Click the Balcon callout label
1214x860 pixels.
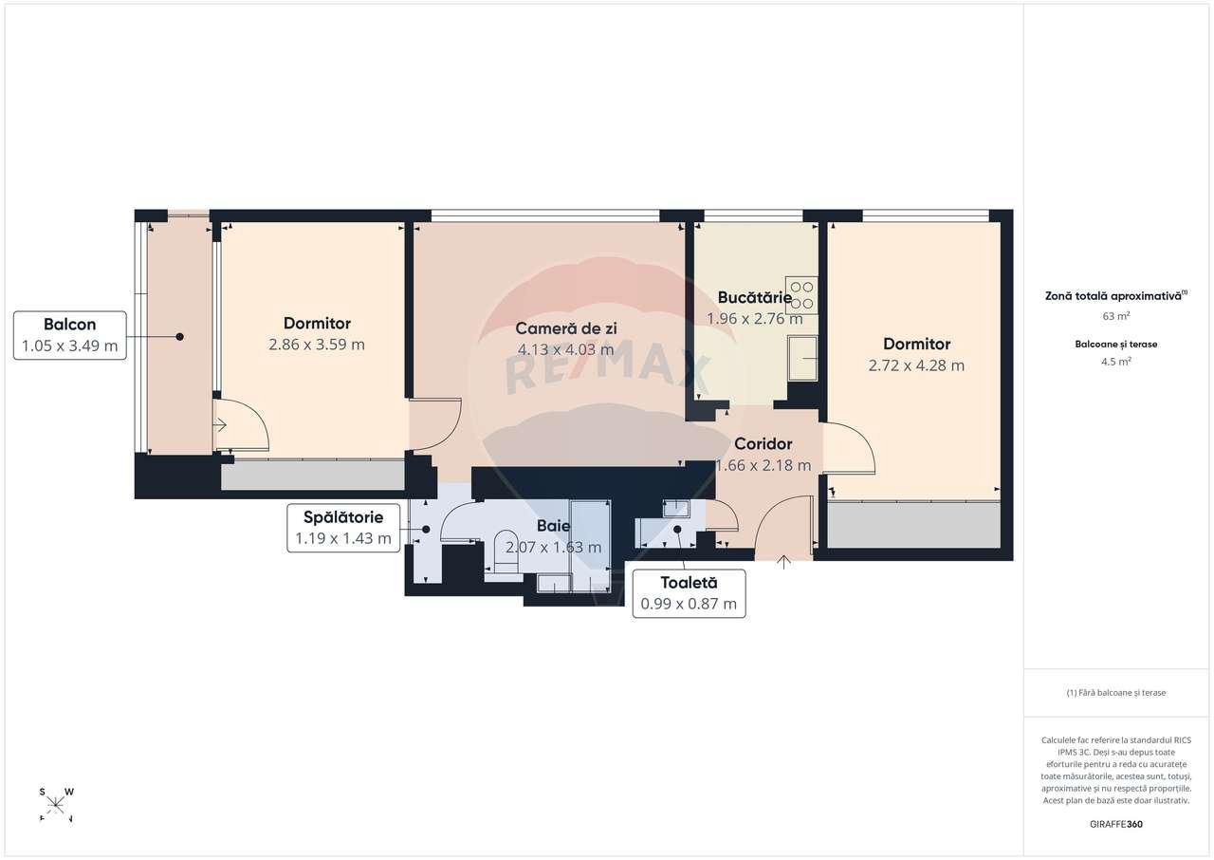pos(69,334)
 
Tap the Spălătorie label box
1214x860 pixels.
pos(342,528)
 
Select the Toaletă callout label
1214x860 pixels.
pos(689,593)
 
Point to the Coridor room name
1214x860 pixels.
pos(763,443)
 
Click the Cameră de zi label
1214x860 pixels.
pos(565,327)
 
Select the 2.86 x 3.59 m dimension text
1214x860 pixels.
pos(317,345)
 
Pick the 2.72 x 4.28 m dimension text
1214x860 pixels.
pos(916,365)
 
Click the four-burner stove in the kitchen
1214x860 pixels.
pos(802,294)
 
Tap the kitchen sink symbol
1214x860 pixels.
pos(802,358)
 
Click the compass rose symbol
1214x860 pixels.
pos(56,805)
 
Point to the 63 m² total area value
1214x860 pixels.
pos(1115,315)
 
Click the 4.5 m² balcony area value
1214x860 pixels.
pos(1115,362)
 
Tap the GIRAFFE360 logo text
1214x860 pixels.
pos(1115,824)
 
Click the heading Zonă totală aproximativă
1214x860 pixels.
pos(1114,296)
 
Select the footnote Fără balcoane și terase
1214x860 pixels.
pos(1115,693)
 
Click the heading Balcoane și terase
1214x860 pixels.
pos(1115,344)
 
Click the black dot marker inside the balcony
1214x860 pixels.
pos(178,336)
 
